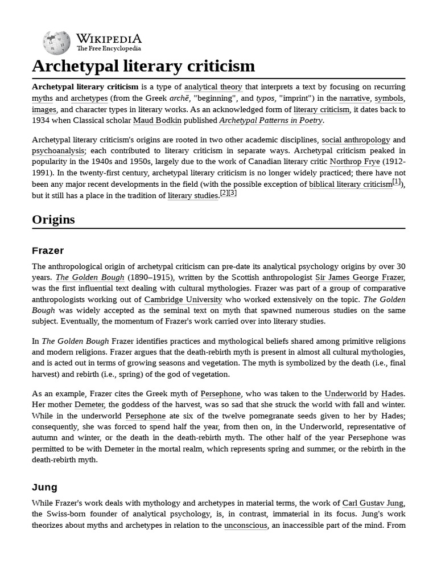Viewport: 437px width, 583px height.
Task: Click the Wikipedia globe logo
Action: [x=56, y=43]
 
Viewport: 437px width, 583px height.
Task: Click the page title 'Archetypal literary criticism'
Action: [x=143, y=66]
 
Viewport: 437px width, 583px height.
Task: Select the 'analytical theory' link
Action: [x=213, y=87]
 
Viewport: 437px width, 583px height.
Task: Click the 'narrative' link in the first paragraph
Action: [x=354, y=98]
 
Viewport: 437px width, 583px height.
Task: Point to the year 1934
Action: [x=42, y=121]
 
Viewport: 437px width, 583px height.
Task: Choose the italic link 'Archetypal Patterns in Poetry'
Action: [x=271, y=121]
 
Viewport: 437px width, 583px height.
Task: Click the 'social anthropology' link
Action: [x=356, y=139]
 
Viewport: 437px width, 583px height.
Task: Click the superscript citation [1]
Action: [x=397, y=182]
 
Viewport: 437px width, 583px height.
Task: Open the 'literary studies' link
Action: [x=193, y=195]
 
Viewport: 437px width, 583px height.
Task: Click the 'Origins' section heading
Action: [x=53, y=219]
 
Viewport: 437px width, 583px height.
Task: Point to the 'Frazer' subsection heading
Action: [x=48, y=251]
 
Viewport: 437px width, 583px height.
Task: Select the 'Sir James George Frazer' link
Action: [x=360, y=277]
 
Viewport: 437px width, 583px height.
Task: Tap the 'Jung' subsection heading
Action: [x=44, y=487]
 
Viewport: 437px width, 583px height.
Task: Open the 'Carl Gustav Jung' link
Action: [x=373, y=503]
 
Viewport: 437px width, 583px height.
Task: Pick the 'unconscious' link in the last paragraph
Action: [x=245, y=525]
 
